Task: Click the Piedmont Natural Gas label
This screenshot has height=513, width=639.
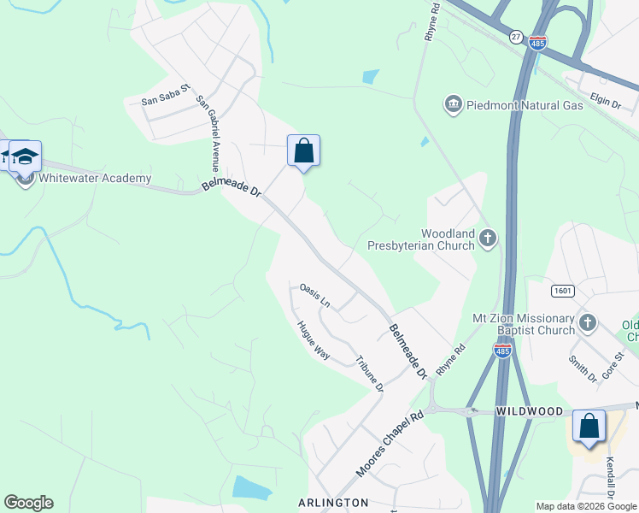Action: coord(525,105)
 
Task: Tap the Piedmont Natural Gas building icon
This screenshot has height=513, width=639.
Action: coord(453,105)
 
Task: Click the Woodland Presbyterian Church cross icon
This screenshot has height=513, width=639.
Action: coord(488,238)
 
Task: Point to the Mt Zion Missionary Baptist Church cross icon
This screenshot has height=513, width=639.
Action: coord(587,322)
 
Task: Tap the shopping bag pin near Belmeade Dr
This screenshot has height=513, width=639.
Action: coord(303,151)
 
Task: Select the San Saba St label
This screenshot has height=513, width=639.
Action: coord(165,99)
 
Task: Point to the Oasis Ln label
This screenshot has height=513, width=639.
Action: coord(314,294)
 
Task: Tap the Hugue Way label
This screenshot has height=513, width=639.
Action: coord(314,339)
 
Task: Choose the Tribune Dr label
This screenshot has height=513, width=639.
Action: coord(369,373)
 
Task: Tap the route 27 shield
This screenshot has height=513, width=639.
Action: coord(516,37)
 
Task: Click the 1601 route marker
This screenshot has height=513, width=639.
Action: coord(561,292)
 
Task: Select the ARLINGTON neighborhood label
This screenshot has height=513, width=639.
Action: coord(333,503)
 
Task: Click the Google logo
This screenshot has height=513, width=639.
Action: coord(28,503)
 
